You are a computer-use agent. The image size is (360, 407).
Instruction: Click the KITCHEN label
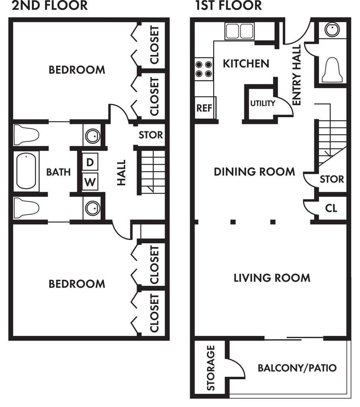pos(246,64)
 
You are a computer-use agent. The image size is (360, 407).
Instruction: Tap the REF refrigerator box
pos(205,107)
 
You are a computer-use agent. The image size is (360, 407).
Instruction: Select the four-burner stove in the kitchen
pos(204,69)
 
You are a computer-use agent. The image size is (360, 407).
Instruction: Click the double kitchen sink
pos(239,31)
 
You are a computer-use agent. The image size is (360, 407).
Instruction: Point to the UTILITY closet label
pos(263,103)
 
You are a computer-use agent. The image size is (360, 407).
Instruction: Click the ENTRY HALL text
pos(296,75)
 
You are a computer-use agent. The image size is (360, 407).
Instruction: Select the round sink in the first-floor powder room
pos(332,29)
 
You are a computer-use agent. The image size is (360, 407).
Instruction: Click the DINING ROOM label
pos(254,172)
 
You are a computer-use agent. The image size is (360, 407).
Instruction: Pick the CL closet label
pos(331,208)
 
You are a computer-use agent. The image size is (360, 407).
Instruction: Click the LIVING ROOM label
pos(272,278)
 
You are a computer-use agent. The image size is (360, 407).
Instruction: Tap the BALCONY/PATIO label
pos(297,368)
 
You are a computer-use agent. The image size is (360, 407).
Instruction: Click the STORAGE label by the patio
pos(211,368)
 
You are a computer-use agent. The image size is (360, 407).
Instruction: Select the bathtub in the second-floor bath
pos(26,171)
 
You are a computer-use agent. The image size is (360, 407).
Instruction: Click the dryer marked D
pos(90,162)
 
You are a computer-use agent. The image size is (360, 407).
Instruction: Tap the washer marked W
pos(90,182)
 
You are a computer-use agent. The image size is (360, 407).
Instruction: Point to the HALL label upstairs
pos(121,172)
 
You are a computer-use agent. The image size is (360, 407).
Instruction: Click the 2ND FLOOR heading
pos(50,6)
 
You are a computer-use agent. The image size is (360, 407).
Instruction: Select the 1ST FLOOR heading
pos(229,6)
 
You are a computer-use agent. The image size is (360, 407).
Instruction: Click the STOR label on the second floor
pos(151,135)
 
